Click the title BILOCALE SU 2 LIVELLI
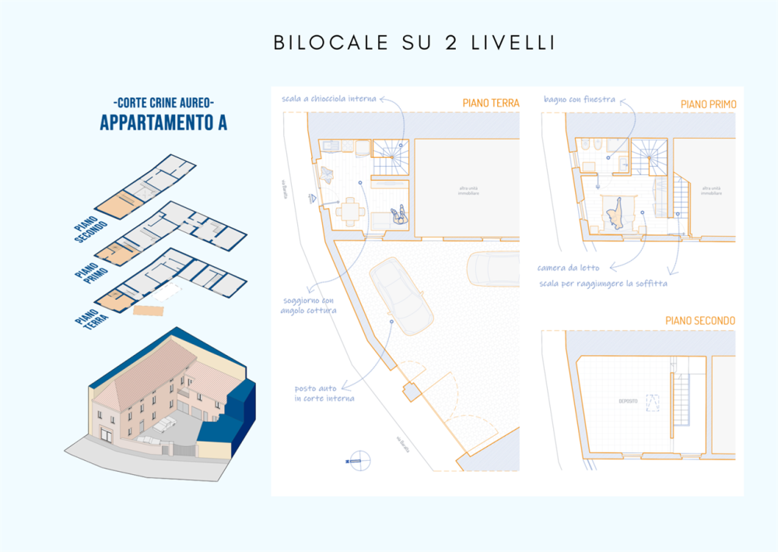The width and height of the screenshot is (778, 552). click(414, 43)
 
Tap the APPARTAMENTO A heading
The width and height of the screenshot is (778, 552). click(163, 122)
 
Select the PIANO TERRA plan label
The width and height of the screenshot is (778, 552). click(490, 103)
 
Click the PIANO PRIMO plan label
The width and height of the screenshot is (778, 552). click(708, 104)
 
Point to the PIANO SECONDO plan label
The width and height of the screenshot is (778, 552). click(700, 321)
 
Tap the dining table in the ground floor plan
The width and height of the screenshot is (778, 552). click(352, 210)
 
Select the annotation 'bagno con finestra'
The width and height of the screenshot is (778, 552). click(580, 100)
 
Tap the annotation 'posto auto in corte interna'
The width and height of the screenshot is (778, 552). click(324, 393)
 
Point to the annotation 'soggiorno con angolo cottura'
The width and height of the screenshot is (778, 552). click(308, 305)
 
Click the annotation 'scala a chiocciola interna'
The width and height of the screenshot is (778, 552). click(329, 99)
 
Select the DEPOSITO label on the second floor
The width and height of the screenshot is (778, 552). click(629, 401)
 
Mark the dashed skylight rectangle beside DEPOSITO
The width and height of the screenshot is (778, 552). click(652, 403)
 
